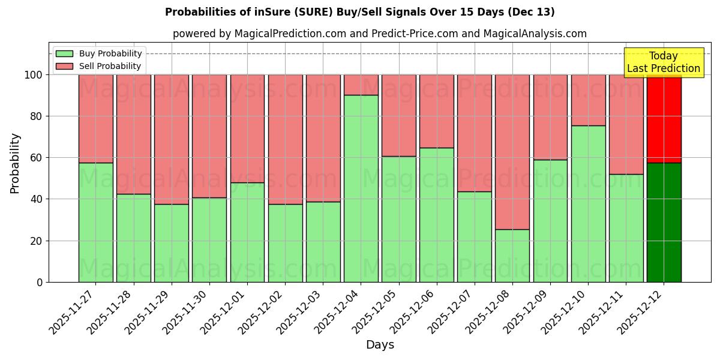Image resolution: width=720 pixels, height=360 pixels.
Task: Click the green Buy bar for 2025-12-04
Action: click(x=361, y=188)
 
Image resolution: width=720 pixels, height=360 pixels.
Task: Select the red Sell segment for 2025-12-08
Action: click(x=512, y=152)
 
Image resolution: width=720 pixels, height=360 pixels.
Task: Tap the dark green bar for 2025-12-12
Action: click(x=664, y=222)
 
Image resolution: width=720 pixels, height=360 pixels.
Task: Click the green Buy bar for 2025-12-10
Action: click(x=588, y=203)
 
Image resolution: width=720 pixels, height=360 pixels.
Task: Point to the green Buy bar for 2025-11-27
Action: click(x=95, y=222)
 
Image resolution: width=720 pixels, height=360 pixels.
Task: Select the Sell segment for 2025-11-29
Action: click(x=172, y=139)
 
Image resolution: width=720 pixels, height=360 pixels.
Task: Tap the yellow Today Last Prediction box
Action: click(x=663, y=62)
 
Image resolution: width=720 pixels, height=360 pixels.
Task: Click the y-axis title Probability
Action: click(x=15, y=163)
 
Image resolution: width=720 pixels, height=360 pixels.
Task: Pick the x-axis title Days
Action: click(x=380, y=345)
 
